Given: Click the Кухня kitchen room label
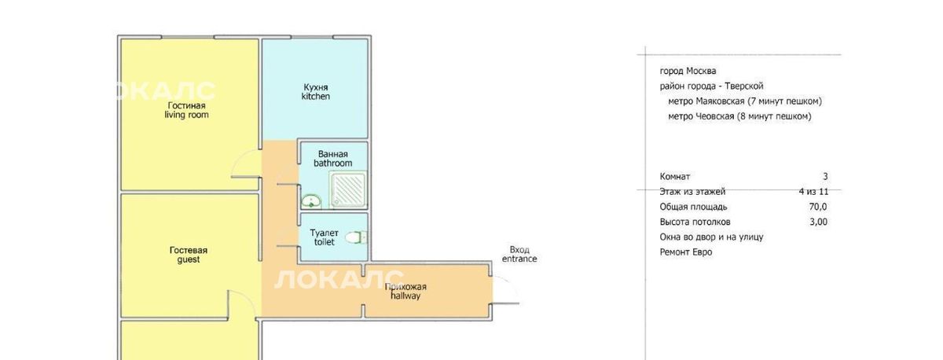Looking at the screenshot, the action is pos(316,92).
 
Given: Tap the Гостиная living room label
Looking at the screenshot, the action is pos(186,110).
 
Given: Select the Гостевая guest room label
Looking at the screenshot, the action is pos(188,255).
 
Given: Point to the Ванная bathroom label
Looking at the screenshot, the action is pos(332,158).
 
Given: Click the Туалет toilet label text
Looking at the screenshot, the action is pos(324,237).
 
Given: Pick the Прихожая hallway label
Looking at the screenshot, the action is pos(405,292).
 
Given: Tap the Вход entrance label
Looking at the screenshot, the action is pos(519,255).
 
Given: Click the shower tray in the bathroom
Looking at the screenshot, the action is pos(349,189).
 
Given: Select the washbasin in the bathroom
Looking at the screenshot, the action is pos(311,201).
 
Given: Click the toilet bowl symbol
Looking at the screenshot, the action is pos(356,238).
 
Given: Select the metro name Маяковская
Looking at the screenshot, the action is pos(720,101).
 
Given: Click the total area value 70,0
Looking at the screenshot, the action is pos(818,207).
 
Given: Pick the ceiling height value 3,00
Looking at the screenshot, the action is pos(818,222).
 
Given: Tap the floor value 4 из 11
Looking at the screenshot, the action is pos(814,192).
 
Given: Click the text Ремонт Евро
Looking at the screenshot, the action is pos(686,252).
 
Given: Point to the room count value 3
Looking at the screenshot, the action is pos(825,176).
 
